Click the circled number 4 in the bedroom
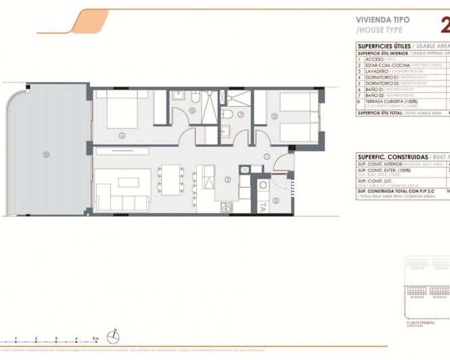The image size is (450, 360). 122,135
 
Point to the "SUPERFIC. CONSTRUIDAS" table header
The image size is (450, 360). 389,156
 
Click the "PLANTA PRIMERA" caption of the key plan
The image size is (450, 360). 420,324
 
